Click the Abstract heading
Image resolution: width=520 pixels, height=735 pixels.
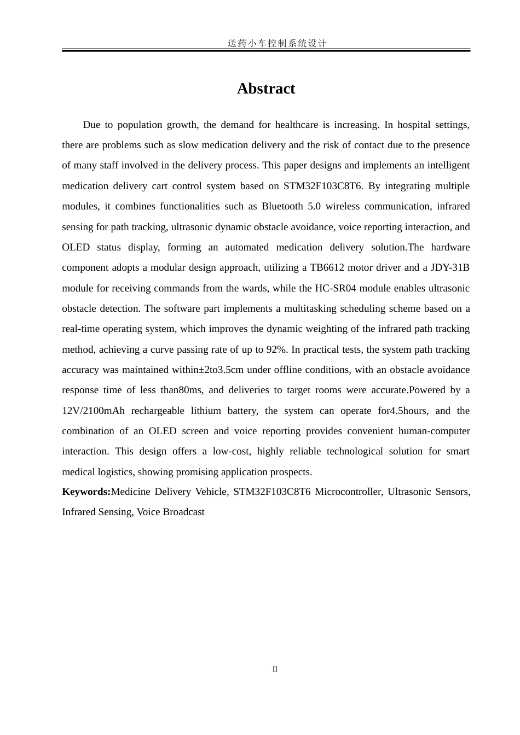[x=266, y=89]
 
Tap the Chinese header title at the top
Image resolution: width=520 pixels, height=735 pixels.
[x=277, y=43]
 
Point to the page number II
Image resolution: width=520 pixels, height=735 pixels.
[x=275, y=669]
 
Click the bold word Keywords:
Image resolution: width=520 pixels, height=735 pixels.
[x=86, y=492]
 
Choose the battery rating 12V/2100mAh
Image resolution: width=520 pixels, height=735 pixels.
[x=93, y=411]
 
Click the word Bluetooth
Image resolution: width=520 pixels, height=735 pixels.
[x=282, y=206]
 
